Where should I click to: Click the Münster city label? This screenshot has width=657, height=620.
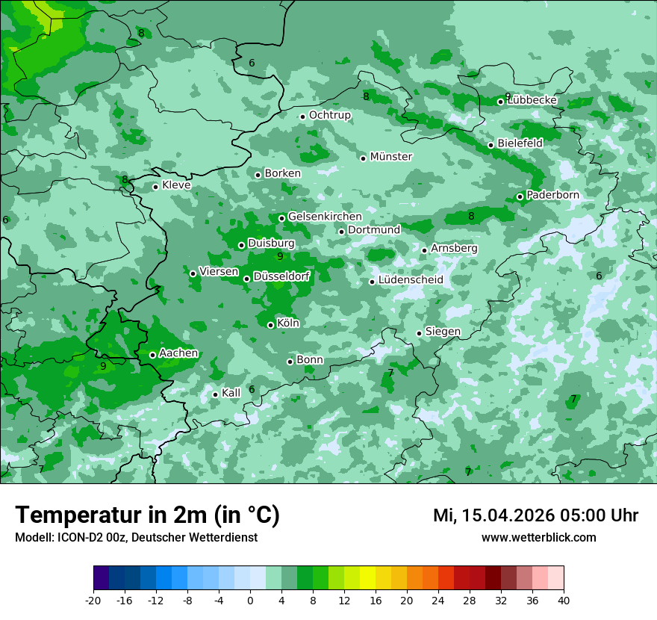point(391,157)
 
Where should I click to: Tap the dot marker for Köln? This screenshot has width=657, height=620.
point(270,325)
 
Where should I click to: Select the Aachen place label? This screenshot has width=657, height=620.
point(178,353)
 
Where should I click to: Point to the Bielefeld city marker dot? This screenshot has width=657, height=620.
point(491,145)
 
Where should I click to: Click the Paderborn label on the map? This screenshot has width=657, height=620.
point(552,195)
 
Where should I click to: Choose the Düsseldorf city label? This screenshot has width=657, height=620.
point(281,277)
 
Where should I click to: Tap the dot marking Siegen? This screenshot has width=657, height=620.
point(419,333)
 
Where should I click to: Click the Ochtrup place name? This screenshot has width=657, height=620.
point(330,115)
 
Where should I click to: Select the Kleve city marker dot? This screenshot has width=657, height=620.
point(155,187)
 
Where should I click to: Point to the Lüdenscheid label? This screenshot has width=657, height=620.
point(411,280)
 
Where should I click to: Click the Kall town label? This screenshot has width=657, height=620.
point(231,393)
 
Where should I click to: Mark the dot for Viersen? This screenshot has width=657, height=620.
point(193,273)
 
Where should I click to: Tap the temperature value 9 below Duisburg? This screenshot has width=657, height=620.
point(280,256)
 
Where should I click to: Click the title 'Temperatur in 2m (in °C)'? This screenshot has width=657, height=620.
point(147,515)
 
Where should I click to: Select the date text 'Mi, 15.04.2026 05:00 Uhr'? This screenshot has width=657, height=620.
point(535,515)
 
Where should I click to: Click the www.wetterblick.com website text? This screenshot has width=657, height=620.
point(538,537)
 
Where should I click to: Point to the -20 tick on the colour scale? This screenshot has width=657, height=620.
point(93,600)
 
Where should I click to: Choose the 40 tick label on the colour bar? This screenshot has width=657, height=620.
point(563,600)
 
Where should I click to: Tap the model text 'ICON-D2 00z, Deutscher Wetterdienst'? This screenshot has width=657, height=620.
point(157,537)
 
